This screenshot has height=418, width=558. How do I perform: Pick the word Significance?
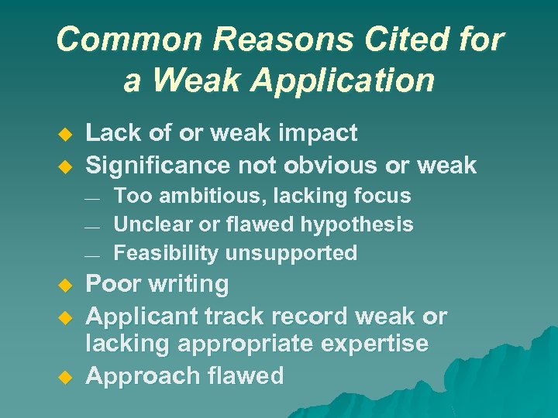pos(158,165)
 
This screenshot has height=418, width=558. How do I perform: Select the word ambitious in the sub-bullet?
pos(203,197)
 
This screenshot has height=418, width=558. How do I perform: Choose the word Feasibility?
pos(166,253)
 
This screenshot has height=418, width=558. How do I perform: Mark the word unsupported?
pos(291,253)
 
